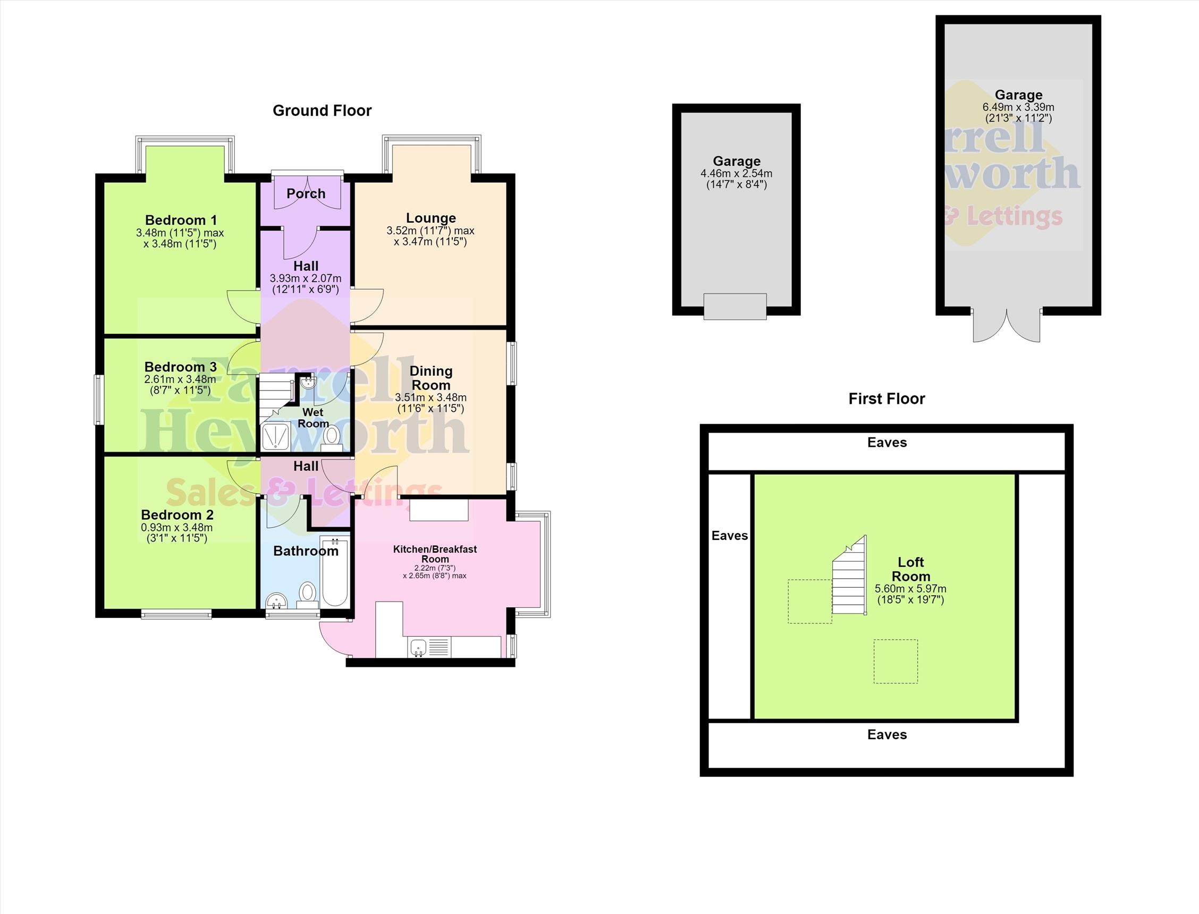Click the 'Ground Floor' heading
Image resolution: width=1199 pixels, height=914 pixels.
322,111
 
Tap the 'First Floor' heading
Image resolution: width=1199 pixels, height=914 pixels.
886,399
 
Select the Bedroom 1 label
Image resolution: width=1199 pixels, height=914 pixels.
181,221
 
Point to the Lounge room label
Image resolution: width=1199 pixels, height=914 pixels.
431,218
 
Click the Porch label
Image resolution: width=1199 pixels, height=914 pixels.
306,193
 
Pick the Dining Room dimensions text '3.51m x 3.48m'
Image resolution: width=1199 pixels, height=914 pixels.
431,397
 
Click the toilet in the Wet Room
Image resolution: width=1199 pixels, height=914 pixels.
331,438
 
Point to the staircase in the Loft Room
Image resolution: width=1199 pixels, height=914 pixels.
849,576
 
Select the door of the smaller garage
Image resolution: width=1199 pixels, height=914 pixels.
735,306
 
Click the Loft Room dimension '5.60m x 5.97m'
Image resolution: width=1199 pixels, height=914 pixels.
910,589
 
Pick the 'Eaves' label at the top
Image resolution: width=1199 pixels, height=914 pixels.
886,443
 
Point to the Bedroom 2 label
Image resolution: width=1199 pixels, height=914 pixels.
178,515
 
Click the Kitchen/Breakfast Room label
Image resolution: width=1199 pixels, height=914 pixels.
435,554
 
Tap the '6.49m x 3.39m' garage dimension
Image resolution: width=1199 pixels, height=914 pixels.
1018,107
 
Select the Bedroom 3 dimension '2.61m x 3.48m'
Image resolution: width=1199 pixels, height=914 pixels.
180,379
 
